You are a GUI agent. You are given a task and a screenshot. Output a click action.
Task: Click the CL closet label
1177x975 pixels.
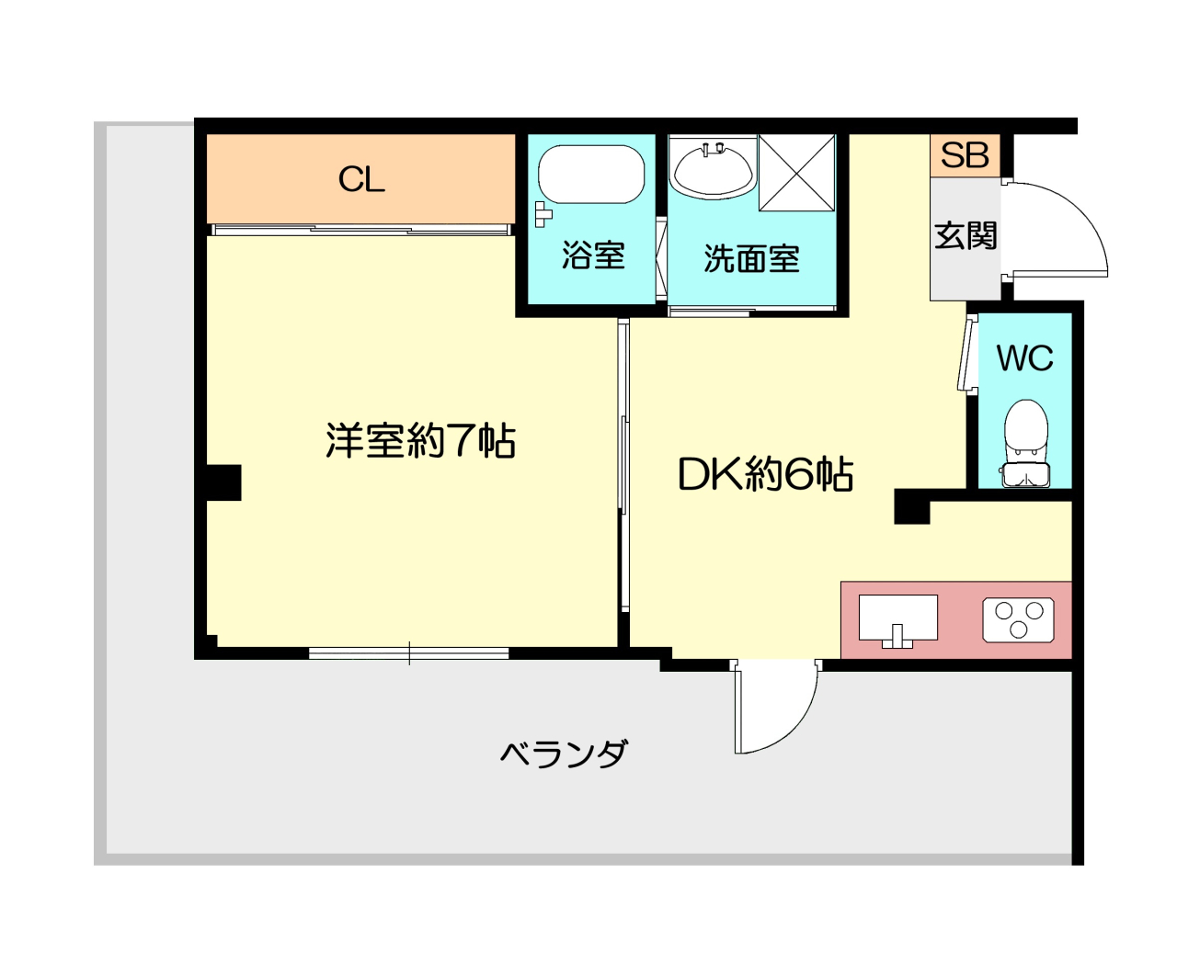click(x=361, y=180)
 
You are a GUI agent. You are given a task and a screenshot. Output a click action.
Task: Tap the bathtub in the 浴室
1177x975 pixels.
click(x=591, y=174)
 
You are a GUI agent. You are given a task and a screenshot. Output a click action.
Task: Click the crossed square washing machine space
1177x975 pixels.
click(x=796, y=173)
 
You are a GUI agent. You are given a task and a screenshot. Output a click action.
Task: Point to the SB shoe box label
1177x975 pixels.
click(x=966, y=155)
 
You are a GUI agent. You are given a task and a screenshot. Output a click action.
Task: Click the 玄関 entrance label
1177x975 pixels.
click(x=966, y=235)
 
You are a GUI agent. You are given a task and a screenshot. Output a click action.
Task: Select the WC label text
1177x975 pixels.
click(x=1024, y=357)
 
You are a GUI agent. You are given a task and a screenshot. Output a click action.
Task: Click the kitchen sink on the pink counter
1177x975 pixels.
click(x=898, y=620)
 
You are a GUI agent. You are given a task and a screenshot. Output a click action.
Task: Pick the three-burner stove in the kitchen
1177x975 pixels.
click(x=1018, y=619)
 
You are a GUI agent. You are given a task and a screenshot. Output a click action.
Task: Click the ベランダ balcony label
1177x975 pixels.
click(x=563, y=754)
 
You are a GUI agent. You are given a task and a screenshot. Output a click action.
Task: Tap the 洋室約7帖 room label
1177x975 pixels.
click(x=420, y=440)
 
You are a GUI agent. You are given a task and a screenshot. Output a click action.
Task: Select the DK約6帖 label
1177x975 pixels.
click(x=765, y=474)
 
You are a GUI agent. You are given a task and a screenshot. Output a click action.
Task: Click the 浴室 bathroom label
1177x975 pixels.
click(x=593, y=255)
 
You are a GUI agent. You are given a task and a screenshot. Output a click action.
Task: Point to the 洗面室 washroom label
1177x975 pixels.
click(x=752, y=259)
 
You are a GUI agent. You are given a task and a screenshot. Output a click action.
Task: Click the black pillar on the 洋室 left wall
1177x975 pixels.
click(x=223, y=482)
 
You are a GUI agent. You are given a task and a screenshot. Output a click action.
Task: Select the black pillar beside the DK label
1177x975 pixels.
click(x=912, y=507)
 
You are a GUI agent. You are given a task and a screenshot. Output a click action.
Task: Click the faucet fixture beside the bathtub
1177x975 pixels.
click(x=543, y=214)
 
